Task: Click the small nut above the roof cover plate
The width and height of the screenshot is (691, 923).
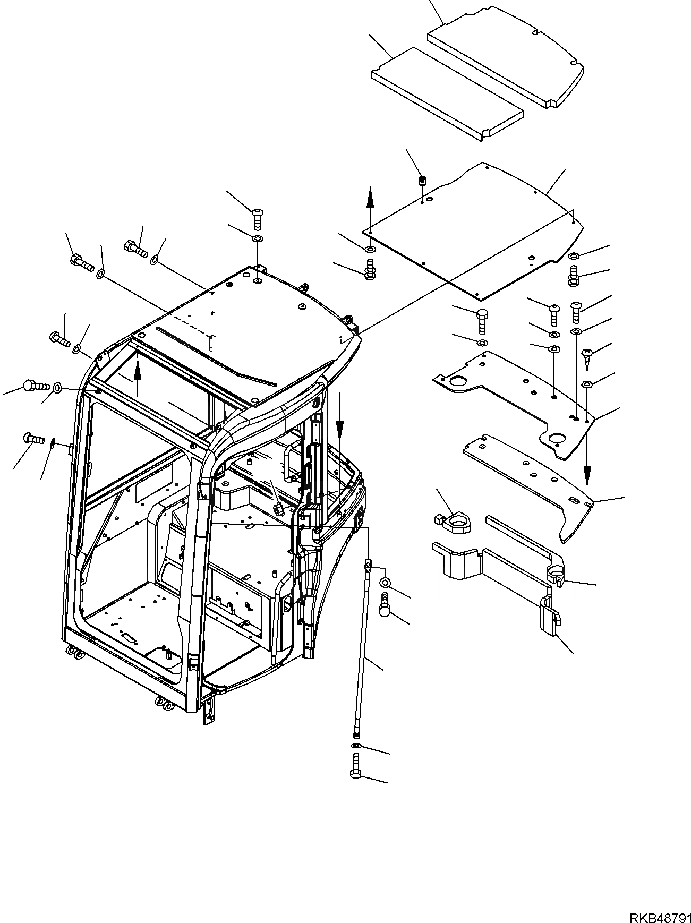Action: click(422, 181)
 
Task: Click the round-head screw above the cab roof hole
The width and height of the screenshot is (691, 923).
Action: click(258, 218)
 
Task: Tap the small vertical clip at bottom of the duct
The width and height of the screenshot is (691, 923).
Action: click(548, 616)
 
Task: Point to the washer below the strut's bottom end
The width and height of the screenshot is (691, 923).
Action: click(355, 747)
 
